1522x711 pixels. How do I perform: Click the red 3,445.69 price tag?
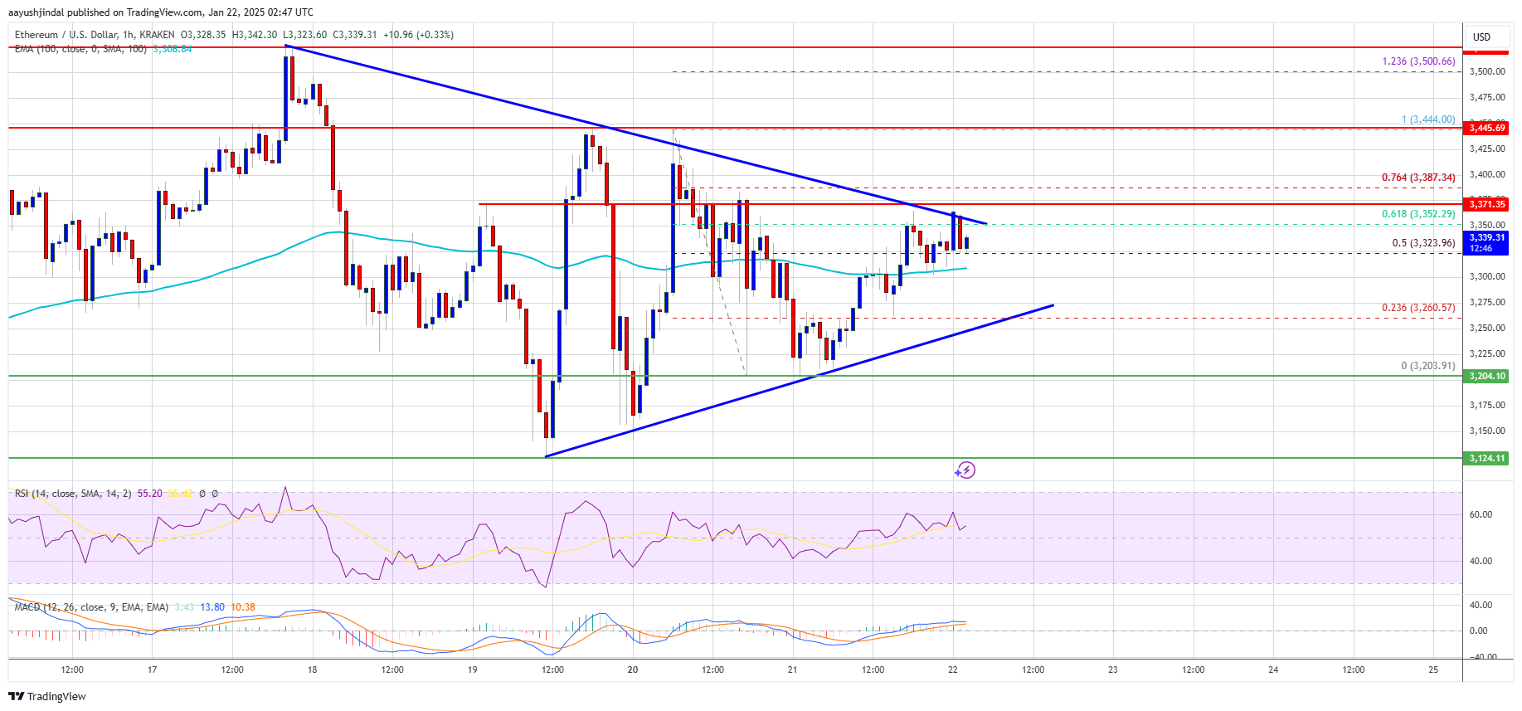coord(1487,128)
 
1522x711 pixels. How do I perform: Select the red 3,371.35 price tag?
coord(1487,204)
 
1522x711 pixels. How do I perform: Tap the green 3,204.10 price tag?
coord(1487,376)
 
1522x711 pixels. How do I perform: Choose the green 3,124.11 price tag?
coord(1487,458)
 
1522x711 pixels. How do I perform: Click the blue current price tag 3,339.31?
coord(1487,242)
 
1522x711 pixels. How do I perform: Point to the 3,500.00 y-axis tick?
coord(1486,72)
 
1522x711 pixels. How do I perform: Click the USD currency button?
coord(1481,37)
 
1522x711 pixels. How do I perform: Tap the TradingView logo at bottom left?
coord(50,696)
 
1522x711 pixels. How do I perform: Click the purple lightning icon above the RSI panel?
coord(965,470)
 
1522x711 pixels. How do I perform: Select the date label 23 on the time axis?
coord(1113,670)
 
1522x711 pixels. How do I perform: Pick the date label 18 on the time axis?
coord(312,670)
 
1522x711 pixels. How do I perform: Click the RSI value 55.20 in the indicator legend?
coord(150,494)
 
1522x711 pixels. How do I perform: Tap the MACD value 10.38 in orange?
coord(243,607)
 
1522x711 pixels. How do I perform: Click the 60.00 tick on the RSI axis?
coord(1481,514)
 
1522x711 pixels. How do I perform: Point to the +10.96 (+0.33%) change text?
coord(418,35)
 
